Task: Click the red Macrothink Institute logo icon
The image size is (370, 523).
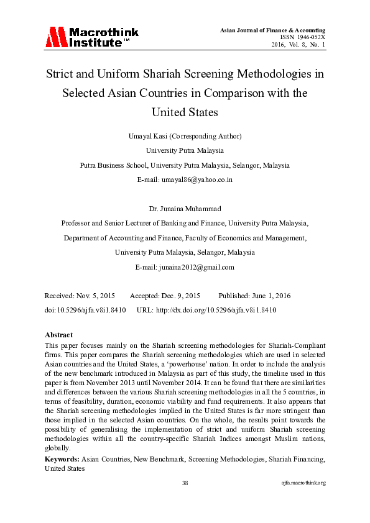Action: click(55, 37)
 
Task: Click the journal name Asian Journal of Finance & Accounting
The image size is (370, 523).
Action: click(273, 30)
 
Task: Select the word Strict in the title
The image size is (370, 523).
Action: click(60, 75)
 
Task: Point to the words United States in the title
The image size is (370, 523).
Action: click(185, 112)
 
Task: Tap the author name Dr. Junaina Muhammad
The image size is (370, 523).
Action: click(185, 208)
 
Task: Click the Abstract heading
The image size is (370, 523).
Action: click(59, 335)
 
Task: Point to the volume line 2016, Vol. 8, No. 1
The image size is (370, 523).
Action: click(298, 45)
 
